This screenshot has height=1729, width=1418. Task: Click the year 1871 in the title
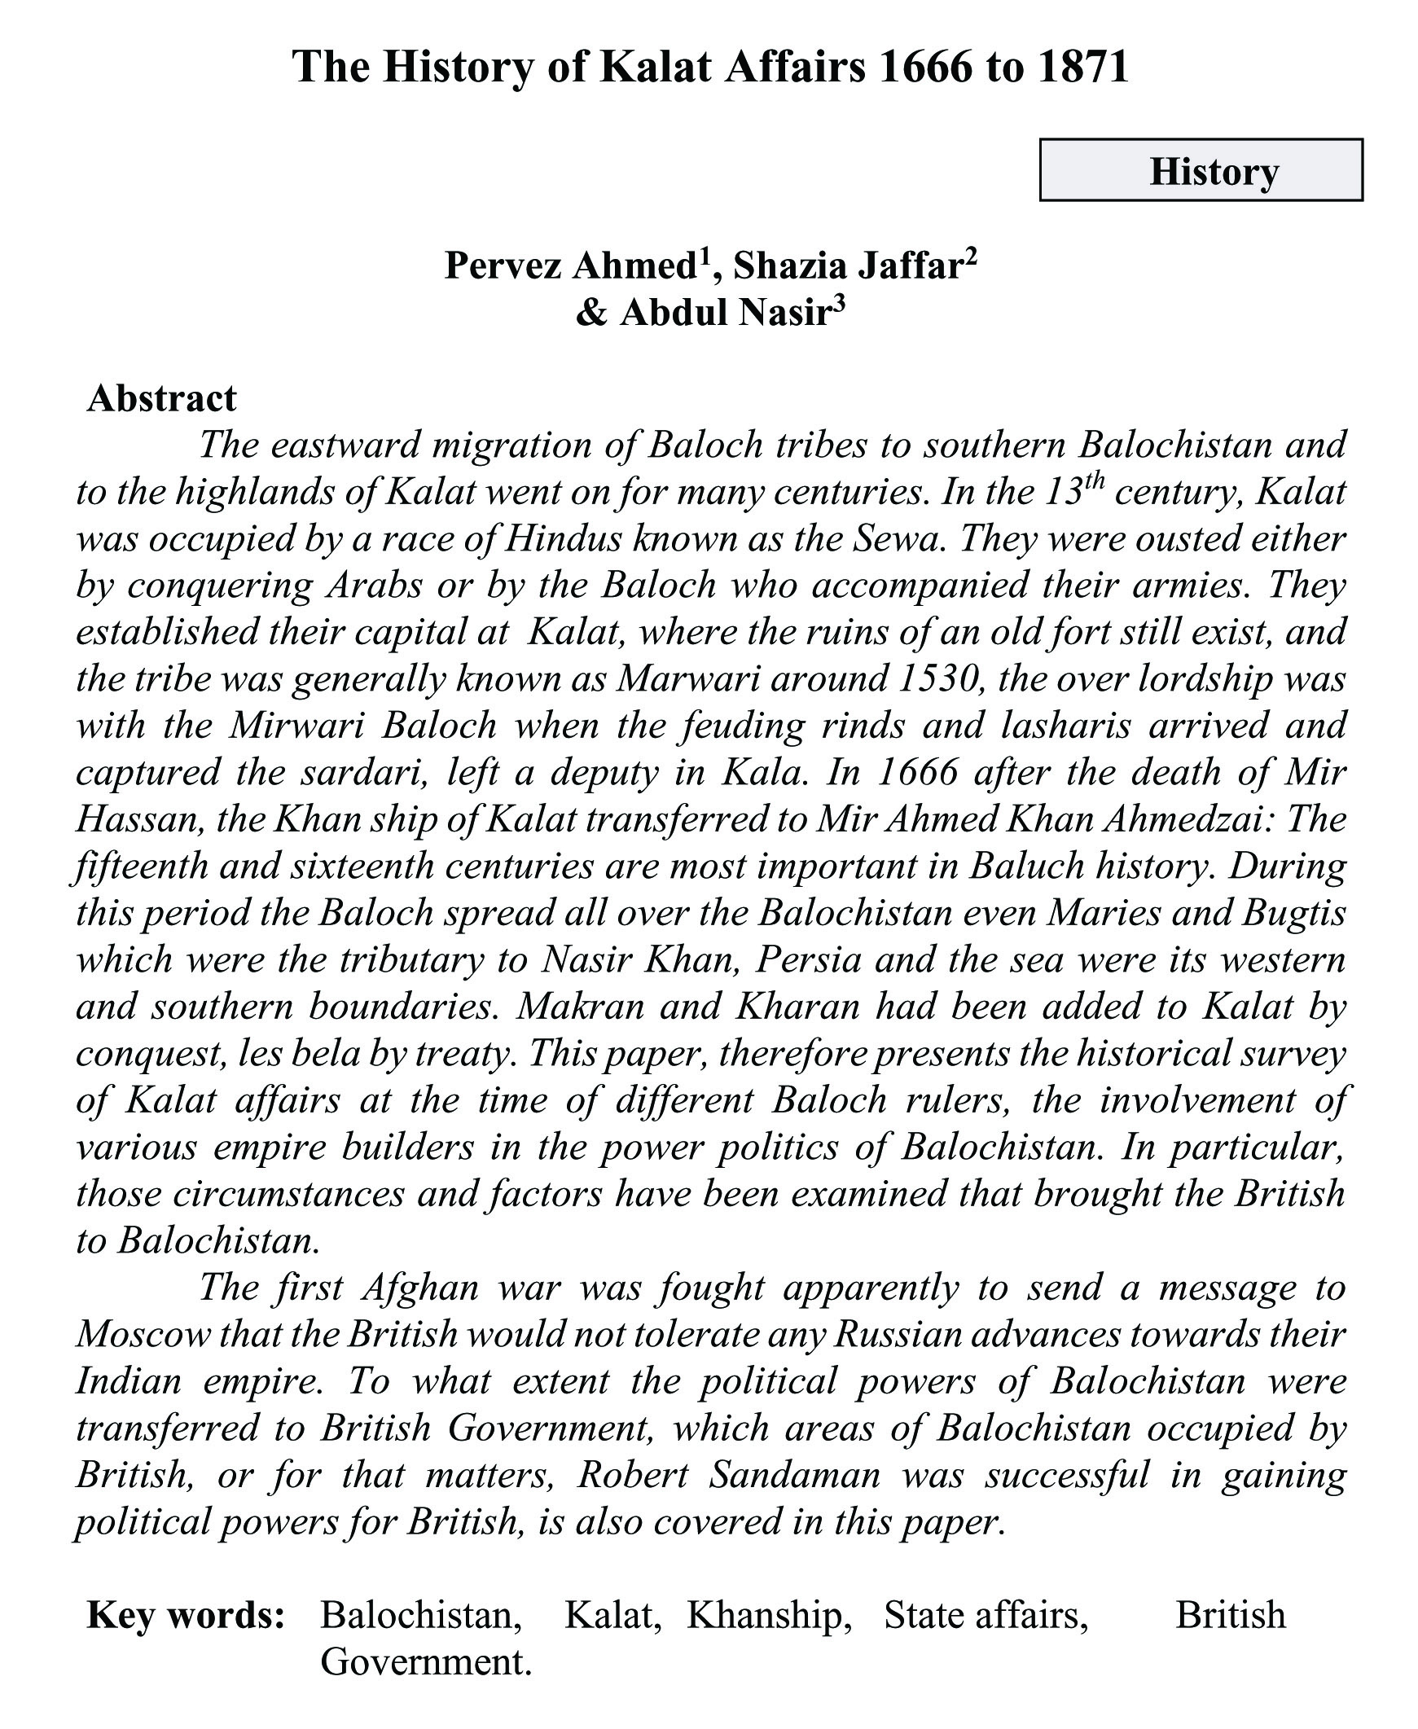pos(1083,67)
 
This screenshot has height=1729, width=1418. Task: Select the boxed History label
pos(1213,172)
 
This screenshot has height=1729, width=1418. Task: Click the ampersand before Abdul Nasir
pos(590,314)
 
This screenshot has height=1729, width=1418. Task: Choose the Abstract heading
pos(162,398)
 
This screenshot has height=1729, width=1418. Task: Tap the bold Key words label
pos(186,1616)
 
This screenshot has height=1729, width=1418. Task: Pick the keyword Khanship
pos(769,1616)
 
